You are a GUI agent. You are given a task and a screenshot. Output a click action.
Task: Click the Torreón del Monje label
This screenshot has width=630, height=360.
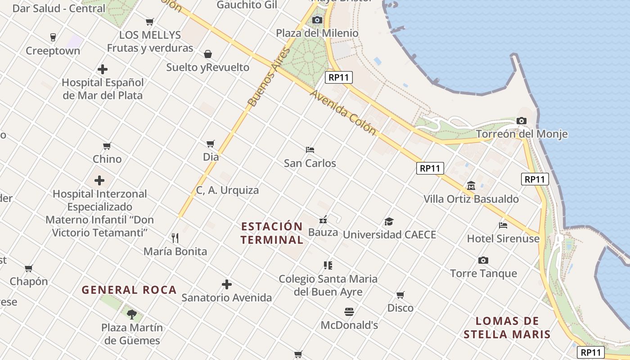[522, 134]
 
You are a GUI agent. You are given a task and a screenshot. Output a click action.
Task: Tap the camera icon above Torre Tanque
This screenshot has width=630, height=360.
[483, 260]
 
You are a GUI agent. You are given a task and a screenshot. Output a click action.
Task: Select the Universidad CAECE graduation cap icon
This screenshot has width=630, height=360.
[389, 221]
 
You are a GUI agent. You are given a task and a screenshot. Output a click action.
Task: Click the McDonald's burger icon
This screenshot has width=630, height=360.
[349, 311]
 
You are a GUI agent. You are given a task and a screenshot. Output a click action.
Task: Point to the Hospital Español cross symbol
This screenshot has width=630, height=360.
[103, 69]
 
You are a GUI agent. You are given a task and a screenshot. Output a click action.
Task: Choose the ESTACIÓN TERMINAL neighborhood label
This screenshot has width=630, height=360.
[272, 233]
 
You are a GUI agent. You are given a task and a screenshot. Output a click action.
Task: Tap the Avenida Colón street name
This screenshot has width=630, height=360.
[343, 112]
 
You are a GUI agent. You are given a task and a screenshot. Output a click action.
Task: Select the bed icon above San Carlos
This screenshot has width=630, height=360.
[310, 149]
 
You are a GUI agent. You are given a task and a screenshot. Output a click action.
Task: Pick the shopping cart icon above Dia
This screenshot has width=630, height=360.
[210, 144]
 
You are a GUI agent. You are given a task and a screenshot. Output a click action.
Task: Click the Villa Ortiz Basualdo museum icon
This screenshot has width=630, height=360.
[471, 185]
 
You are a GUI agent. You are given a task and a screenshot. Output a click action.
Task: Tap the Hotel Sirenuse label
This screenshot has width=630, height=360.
[503, 238]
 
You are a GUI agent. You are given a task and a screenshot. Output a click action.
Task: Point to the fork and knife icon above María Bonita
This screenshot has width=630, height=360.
[175, 238]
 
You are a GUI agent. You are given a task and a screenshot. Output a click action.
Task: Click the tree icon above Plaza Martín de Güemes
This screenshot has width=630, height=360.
[131, 314]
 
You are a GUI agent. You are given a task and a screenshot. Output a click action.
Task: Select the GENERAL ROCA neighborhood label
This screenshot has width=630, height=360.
[129, 290]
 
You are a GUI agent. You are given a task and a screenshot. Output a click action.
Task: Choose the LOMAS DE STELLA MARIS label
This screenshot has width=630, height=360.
[507, 328]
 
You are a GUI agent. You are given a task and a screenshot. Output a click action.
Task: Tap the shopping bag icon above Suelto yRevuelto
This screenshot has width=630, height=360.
[208, 54]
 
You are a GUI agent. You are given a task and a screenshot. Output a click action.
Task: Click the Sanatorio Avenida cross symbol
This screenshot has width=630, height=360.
[227, 284]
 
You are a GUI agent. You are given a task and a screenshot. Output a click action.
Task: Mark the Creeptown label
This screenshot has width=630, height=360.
[53, 51]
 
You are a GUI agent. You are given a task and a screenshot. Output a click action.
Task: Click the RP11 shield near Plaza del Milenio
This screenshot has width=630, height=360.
[339, 77]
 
